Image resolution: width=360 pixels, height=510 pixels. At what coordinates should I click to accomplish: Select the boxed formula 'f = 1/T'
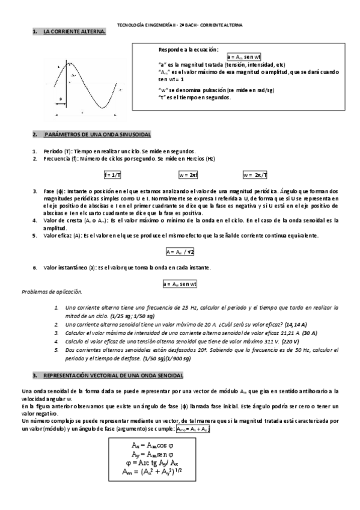(112, 175)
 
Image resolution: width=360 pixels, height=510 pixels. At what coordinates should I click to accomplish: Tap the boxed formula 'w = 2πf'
(188, 175)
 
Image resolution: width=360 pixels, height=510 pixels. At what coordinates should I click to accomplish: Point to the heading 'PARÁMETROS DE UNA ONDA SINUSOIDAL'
(97, 134)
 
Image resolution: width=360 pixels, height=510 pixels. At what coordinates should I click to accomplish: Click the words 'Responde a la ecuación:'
(188, 49)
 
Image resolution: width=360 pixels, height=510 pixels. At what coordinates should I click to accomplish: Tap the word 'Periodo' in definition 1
(52, 150)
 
